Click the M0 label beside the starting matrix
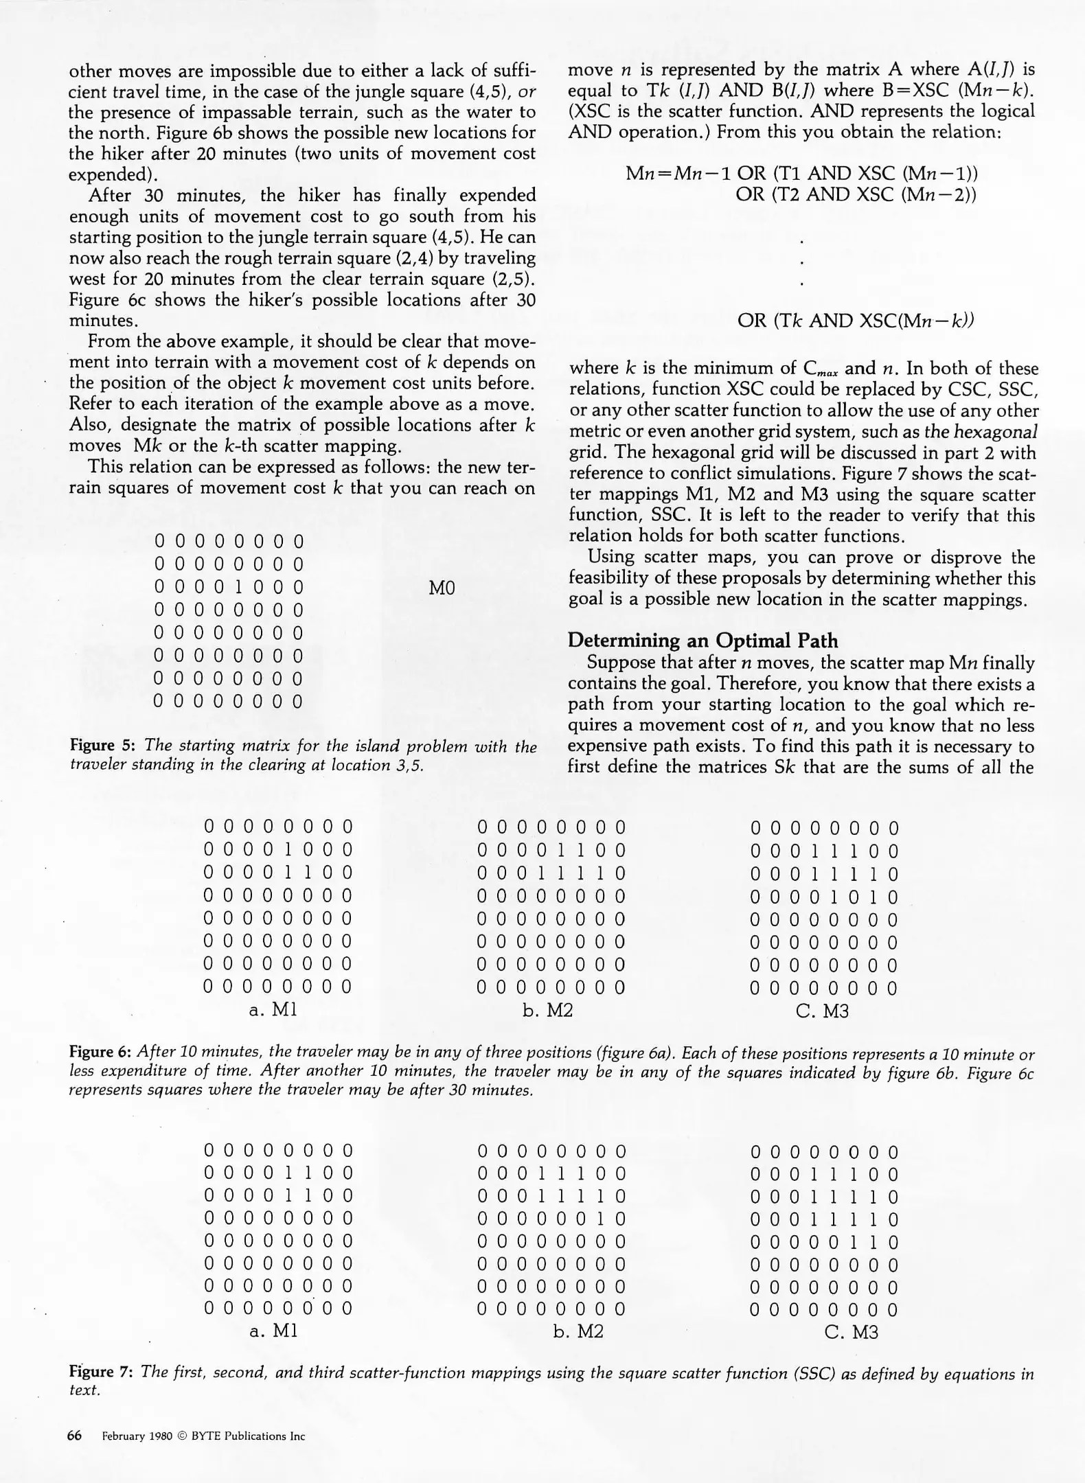pos(442,588)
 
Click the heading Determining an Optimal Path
pos(703,641)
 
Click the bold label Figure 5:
pos(102,746)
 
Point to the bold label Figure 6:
pos(102,1053)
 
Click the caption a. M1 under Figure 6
pos(273,1010)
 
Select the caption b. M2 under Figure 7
pos(578,1333)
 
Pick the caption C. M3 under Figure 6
pos(823,1011)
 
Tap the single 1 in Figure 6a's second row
pos(288,850)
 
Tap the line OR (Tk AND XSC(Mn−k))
pos(856,321)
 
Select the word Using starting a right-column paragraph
pos(615,557)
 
